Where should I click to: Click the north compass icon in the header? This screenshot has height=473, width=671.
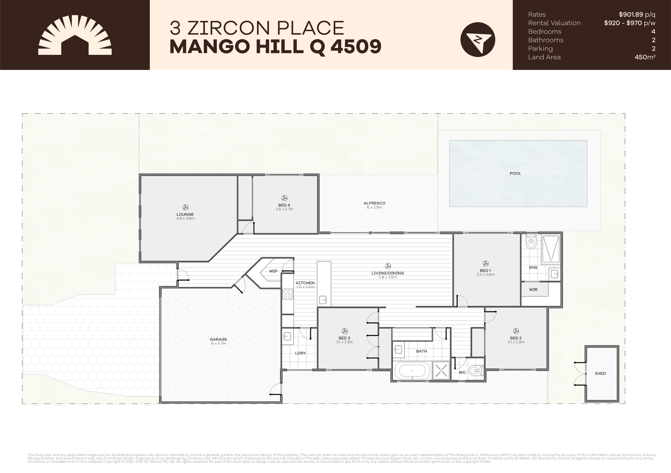(x=478, y=39)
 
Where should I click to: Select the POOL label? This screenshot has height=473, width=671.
(x=515, y=173)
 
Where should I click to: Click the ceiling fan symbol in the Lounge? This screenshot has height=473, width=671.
(x=185, y=207)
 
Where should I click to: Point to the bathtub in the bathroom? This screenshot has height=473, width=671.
(x=412, y=371)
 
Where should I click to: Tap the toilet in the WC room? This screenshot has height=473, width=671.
(x=475, y=371)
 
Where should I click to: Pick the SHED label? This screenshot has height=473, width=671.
(x=600, y=373)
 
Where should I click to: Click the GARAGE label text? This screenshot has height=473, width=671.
(x=218, y=339)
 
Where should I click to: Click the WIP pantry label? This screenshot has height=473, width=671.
(x=273, y=271)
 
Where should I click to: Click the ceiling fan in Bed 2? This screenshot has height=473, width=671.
(x=516, y=331)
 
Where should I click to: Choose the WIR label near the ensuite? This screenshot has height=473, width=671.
(x=533, y=290)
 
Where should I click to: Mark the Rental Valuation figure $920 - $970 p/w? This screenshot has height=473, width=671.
(x=630, y=23)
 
